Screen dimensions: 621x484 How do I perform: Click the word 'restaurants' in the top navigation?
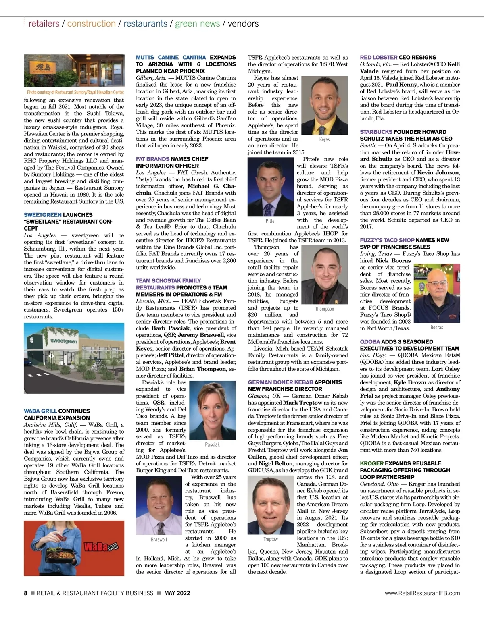(x=145, y=23)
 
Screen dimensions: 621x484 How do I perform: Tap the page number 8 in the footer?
(x=25, y=593)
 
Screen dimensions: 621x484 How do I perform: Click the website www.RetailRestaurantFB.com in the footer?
(x=422, y=593)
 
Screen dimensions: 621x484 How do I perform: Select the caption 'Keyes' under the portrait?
(x=324, y=139)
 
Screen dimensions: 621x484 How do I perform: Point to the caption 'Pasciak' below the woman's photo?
(x=212, y=444)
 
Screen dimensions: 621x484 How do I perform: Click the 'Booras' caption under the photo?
(x=437, y=327)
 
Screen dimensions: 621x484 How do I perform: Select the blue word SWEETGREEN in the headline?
(x=43, y=215)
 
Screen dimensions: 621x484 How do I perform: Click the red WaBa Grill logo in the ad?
(x=101, y=547)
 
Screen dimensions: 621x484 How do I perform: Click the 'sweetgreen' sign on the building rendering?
(x=64, y=341)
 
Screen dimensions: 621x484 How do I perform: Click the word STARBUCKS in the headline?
(x=376, y=132)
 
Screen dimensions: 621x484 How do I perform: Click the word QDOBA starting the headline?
(x=370, y=341)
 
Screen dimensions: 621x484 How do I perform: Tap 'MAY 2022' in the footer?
(x=177, y=593)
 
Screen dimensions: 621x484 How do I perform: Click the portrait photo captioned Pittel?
(x=271, y=187)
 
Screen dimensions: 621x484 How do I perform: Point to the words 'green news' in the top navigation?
(x=198, y=23)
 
